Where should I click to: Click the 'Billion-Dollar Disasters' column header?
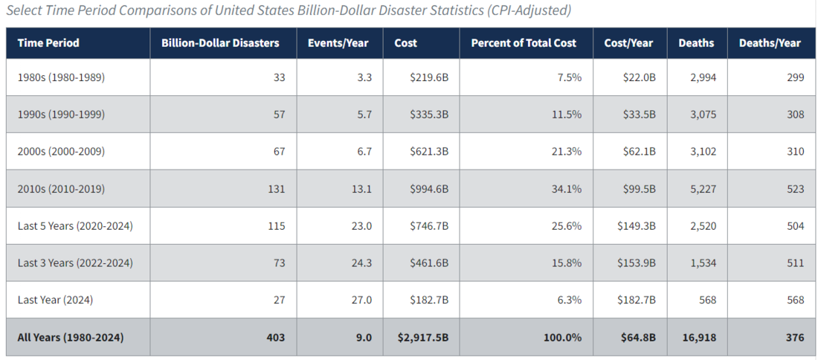pyautogui.click(x=220, y=43)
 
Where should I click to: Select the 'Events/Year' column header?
pyautogui.click(x=338, y=43)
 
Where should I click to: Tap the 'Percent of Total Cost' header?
pyautogui.click(x=523, y=43)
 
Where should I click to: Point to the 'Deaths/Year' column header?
pyautogui.click(x=770, y=43)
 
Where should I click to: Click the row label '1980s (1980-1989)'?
pyautogui.click(x=61, y=77)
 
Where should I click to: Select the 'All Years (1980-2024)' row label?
pyautogui.click(x=71, y=337)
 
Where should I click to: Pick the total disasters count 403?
pyautogui.click(x=275, y=337)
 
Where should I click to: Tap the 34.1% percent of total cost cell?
pyautogui.click(x=566, y=189)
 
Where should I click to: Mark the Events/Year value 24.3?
pyautogui.click(x=360, y=263)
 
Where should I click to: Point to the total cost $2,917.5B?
pyautogui.click(x=423, y=337)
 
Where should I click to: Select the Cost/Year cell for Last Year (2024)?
pyautogui.click(x=636, y=300)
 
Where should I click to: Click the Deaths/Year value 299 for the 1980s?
pyautogui.click(x=795, y=77)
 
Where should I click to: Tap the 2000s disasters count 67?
pyautogui.click(x=278, y=152)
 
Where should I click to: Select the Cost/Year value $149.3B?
pyautogui.click(x=636, y=226)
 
